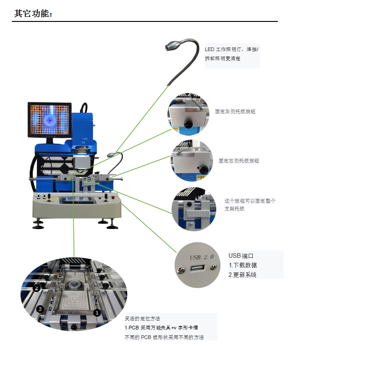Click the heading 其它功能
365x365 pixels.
33,14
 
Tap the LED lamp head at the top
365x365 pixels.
173,45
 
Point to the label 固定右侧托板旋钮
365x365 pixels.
239,161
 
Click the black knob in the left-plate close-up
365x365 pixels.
187,124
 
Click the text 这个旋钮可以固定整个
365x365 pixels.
250,201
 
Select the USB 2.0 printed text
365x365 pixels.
201,257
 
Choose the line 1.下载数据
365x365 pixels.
242,265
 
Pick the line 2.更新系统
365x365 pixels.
242,275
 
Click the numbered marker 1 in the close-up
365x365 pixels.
97,313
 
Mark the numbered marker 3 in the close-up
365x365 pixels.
40,309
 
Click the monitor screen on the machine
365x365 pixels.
50,120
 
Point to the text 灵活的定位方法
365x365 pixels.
142,318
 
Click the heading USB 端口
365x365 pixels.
241,255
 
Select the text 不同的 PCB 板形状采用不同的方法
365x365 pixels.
164,337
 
